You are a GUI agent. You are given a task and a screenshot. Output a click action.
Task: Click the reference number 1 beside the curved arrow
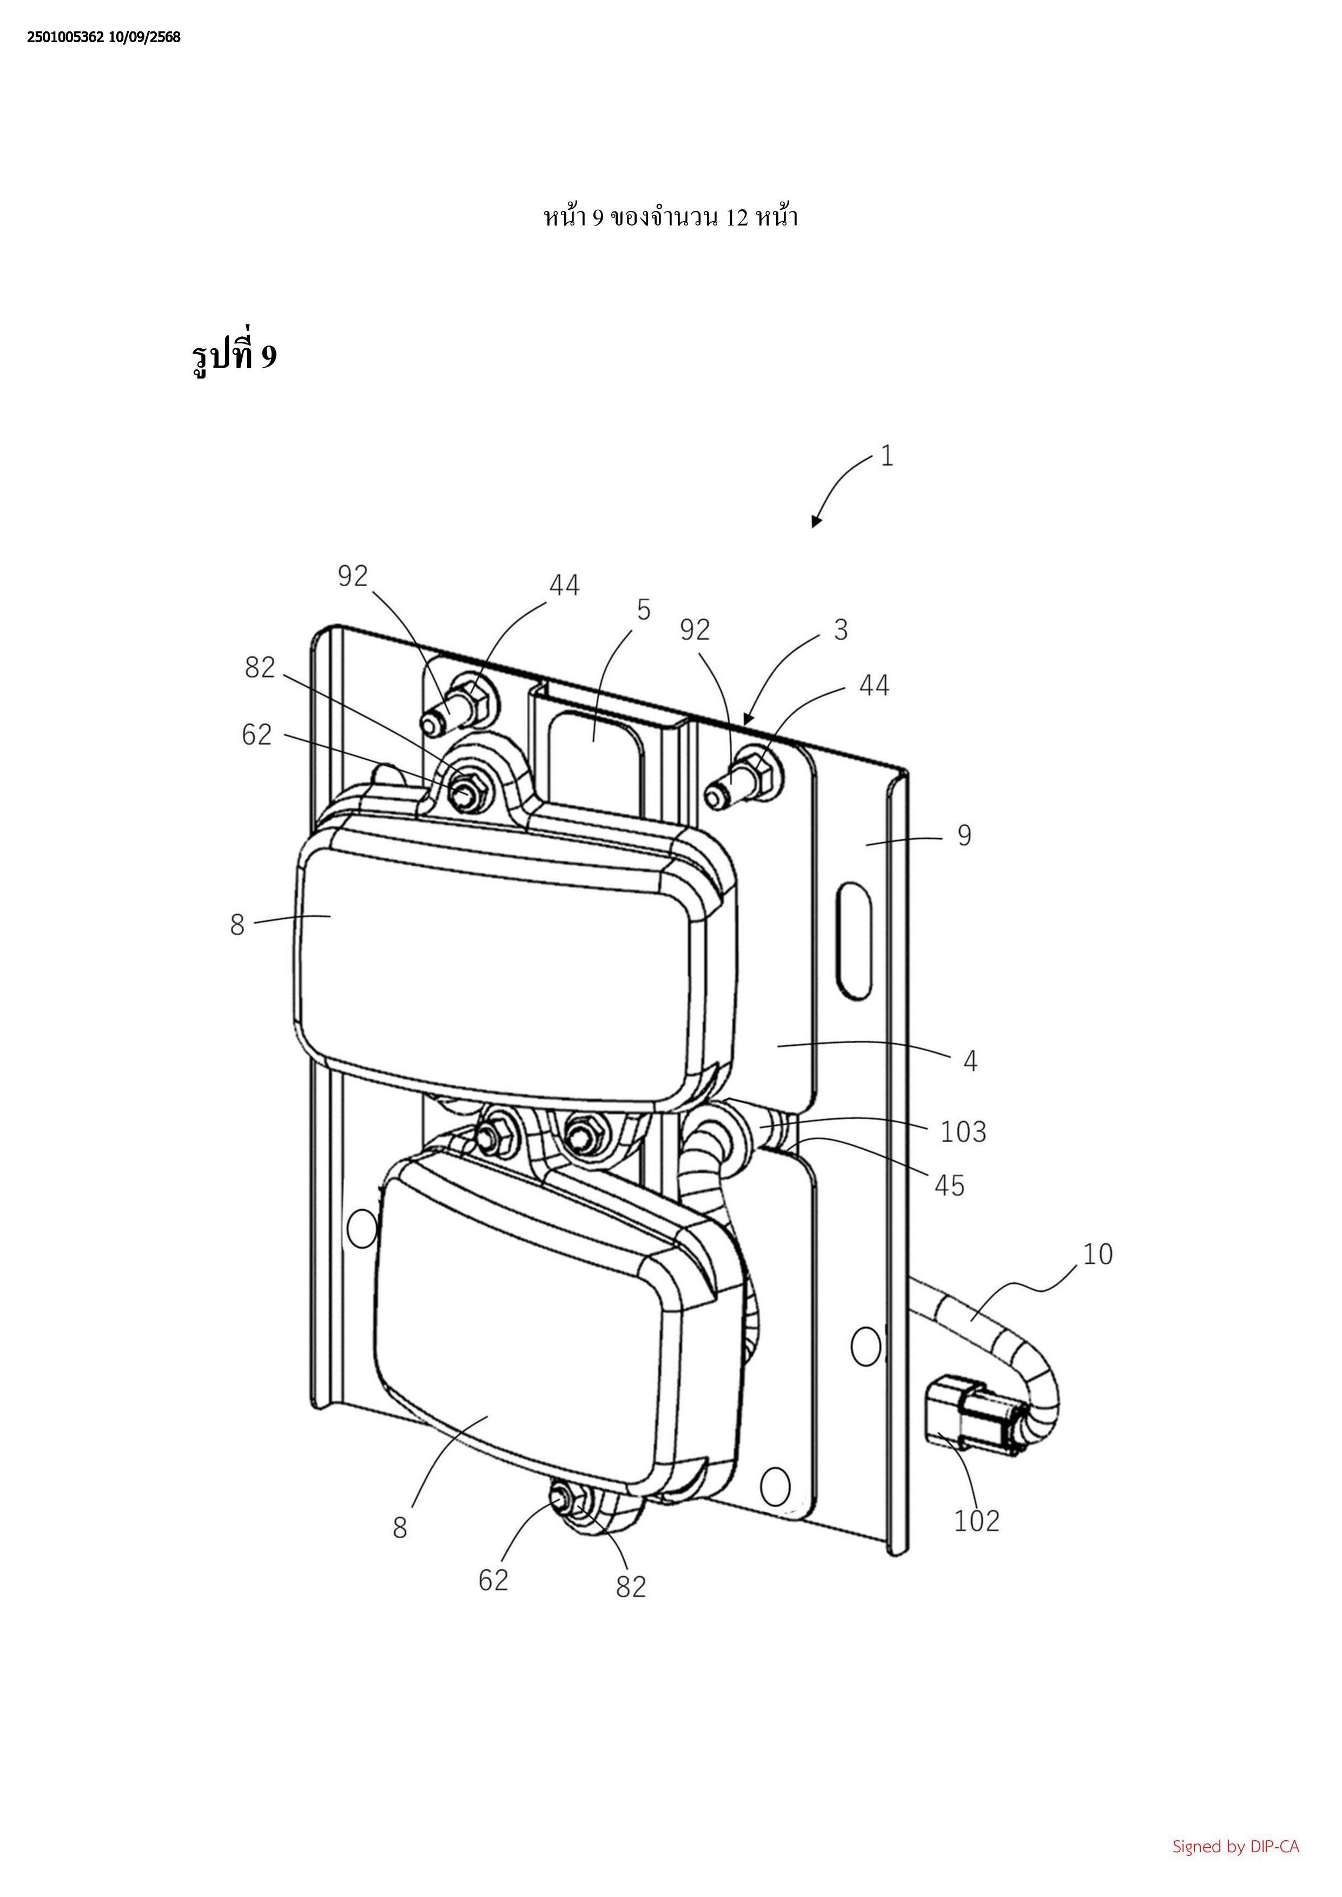[x=887, y=456]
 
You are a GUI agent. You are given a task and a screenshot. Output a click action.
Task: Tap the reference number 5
[x=644, y=610]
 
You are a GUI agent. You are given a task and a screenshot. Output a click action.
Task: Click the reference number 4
[x=970, y=1061]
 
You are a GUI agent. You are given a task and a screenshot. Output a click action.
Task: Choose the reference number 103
[x=963, y=1131]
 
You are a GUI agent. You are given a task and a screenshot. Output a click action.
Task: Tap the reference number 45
[x=949, y=1185]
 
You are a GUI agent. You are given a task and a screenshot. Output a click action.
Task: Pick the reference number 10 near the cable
[x=1098, y=1253]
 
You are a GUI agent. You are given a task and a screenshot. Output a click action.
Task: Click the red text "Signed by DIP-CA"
[x=1235, y=1846]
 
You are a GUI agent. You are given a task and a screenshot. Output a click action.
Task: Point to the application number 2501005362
[x=65, y=37]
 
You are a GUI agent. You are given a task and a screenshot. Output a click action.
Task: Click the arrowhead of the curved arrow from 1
[x=816, y=521]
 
